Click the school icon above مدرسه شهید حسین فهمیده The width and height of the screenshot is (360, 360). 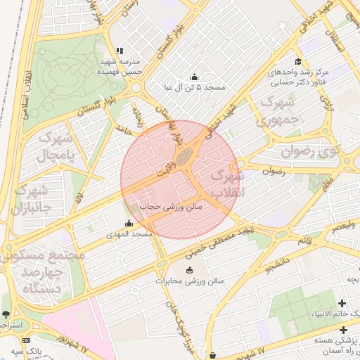click(x=119, y=51)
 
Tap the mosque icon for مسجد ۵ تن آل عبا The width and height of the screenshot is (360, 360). click(x=194, y=77)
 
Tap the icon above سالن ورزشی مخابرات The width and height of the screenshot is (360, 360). click(x=188, y=270)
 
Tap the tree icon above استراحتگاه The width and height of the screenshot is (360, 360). click(x=6, y=314)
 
